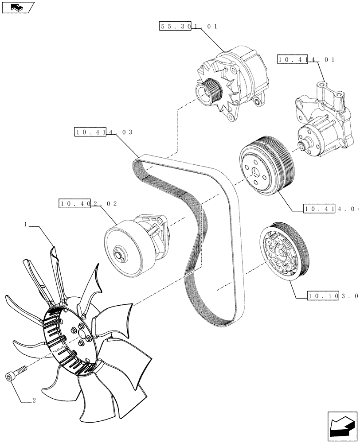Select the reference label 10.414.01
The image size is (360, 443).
[x=306, y=59]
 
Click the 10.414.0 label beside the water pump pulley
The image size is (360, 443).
[x=331, y=208]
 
